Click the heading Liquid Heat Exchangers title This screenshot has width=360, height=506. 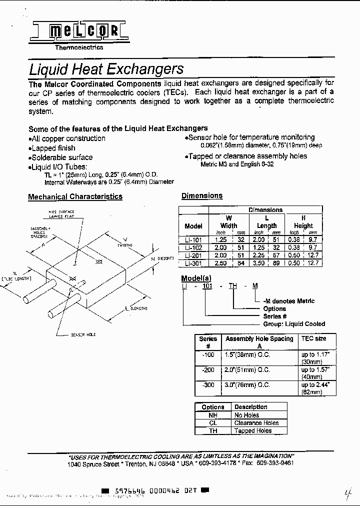pos(106,69)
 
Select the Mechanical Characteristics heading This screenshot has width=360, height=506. pos(75,196)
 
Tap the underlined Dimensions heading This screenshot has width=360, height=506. pos(202,195)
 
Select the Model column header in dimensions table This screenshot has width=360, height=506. pos(193,225)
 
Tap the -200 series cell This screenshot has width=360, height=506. pos(208,369)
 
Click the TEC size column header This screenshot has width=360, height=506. pos(313,338)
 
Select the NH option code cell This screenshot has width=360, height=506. pos(213,415)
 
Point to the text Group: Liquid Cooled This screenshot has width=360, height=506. pos(294,324)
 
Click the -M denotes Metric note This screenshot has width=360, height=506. pos(288,301)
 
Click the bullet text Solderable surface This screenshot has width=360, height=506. pos(61,157)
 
